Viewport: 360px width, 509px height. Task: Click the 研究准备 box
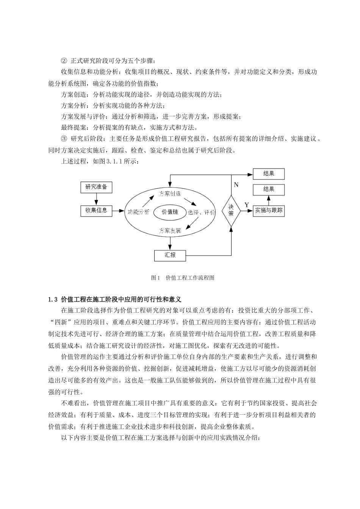[96, 187]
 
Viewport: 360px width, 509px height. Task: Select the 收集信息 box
[96, 210]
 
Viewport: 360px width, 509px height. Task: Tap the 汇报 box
[170, 255]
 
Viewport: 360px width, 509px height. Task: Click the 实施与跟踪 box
[269, 211]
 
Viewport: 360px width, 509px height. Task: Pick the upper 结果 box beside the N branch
[268, 174]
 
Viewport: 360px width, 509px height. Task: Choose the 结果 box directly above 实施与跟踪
[268, 189]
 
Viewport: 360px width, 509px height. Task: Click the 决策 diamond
[231, 211]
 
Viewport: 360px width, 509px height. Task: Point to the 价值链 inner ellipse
[170, 212]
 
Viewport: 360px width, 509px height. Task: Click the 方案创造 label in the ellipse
[170, 194]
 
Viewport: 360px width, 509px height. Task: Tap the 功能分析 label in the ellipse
[139, 212]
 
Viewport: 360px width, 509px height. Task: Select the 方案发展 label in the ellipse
[170, 230]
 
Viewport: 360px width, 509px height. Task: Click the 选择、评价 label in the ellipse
[201, 212]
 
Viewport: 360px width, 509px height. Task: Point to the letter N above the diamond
[236, 185]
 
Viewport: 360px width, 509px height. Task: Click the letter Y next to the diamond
[246, 205]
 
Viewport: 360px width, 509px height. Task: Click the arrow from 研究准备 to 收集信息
[96, 199]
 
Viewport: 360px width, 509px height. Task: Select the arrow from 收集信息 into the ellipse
[119, 211]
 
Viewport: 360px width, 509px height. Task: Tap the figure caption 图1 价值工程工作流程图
[183, 278]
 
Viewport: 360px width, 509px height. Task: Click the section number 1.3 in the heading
[53, 300]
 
